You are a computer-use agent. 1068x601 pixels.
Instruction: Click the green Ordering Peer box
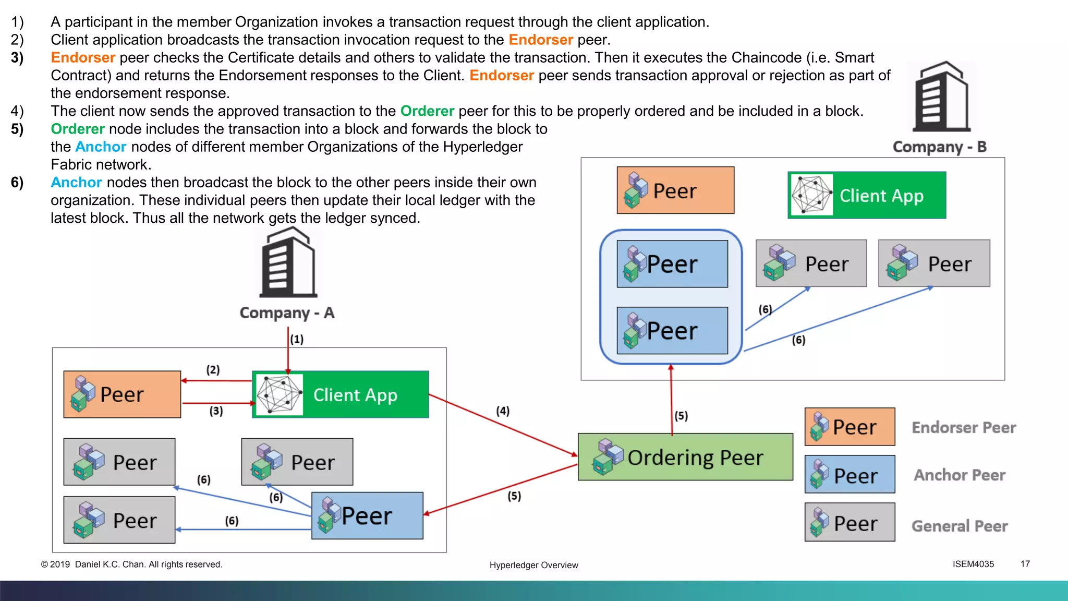[x=685, y=457]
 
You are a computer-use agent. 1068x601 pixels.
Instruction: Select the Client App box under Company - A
[x=341, y=394]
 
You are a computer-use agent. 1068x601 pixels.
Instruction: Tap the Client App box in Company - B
[x=867, y=195]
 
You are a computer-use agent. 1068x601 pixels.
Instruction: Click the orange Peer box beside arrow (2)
[x=122, y=394]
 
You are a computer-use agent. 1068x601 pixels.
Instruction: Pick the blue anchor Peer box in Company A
[x=367, y=515]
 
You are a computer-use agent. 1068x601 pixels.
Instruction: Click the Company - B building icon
[x=941, y=97]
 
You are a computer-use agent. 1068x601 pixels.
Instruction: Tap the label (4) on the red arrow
[x=503, y=411]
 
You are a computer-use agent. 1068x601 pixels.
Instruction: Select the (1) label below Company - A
[x=297, y=339]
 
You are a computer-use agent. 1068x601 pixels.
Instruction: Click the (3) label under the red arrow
[x=216, y=411]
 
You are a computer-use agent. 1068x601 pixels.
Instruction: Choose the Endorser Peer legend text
[x=964, y=428]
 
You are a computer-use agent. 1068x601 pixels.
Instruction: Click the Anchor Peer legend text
[x=960, y=475]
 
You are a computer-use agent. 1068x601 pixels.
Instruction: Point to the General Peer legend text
[x=960, y=526]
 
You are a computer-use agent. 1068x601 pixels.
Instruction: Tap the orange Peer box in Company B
[x=675, y=190]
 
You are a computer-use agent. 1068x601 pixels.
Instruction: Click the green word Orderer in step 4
[x=427, y=111]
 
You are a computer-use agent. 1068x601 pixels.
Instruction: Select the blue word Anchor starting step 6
[x=76, y=182]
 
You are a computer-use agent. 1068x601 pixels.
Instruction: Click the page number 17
[x=1025, y=564]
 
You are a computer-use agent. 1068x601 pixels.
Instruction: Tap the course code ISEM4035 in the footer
[x=973, y=564]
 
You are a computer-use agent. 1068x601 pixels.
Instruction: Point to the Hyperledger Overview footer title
[x=533, y=565]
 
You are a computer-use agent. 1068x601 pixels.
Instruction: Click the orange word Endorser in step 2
[x=541, y=40]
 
